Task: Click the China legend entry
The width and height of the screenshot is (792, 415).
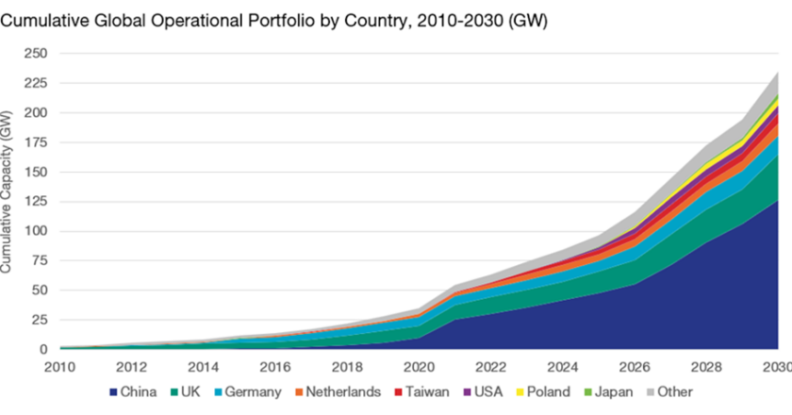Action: pyautogui.click(x=136, y=391)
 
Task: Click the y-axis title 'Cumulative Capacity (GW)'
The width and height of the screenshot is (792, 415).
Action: pyautogui.click(x=8, y=191)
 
